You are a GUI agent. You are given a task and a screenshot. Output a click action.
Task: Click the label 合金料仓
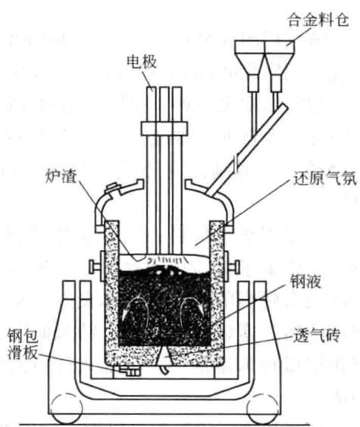pos(318,20)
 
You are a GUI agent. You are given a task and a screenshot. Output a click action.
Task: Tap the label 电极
pos(142,61)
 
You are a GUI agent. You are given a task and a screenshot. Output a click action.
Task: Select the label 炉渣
pos(61,176)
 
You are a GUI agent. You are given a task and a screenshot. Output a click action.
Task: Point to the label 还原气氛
pos(324,179)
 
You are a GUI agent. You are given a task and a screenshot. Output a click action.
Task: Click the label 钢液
pos(305,281)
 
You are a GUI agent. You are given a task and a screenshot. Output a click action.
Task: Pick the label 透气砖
pos(317,335)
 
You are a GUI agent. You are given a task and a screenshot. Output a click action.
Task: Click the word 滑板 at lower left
pos(22,354)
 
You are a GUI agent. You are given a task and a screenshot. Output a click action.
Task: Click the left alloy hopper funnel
pos(249,66)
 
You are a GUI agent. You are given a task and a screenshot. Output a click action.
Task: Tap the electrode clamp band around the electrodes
pos(164,129)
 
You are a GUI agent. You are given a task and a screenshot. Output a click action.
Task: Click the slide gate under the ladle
pos(130,371)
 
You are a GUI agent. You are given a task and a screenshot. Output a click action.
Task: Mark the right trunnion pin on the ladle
pos(235,265)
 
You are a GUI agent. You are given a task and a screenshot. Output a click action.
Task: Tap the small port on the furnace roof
pos(114,189)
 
